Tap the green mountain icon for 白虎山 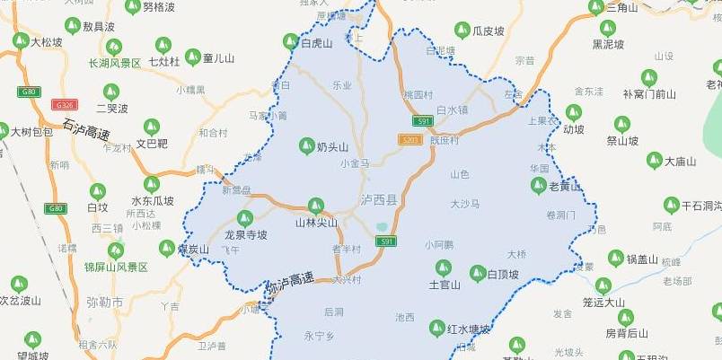pyautogui.click(x=291, y=41)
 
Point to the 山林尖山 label pyautogui.click(x=316, y=222)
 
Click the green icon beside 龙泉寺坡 pyautogui.click(x=245, y=218)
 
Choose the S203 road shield pyautogui.click(x=409, y=139)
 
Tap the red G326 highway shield pyautogui.click(x=63, y=105)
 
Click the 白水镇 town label pyautogui.click(x=452, y=110)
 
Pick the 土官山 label pyautogui.click(x=444, y=285)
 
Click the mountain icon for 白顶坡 pyautogui.click(x=479, y=273)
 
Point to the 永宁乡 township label pyautogui.click(x=319, y=336)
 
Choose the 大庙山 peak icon pyautogui.click(x=655, y=161)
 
